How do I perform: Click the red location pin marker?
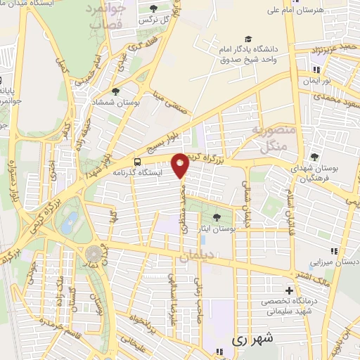click(x=181, y=164)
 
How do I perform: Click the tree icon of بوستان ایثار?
click(x=217, y=217)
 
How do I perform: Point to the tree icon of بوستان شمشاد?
click(x=115, y=91)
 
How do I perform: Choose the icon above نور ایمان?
click(x=317, y=70)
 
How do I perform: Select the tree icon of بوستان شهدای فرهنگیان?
click(x=314, y=156)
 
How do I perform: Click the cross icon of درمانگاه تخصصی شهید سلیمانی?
click(x=289, y=290)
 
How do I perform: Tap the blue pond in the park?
click(x=68, y=226)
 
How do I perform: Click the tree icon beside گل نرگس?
click(x=154, y=8)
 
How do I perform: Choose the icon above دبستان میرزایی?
click(x=334, y=250)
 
